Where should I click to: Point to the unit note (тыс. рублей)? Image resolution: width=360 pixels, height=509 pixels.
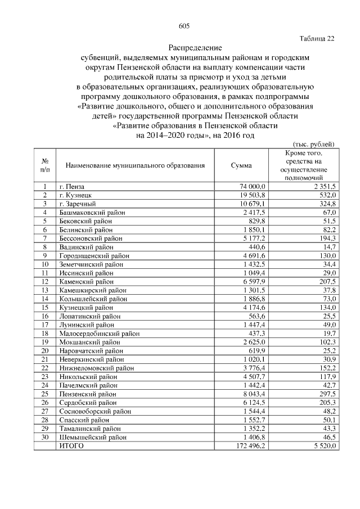pyautogui.click(x=314, y=144)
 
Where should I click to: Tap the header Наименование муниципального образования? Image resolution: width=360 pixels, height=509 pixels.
pyautogui.click(x=134, y=166)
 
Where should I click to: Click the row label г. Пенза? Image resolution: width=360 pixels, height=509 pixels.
pyautogui.click(x=71, y=186)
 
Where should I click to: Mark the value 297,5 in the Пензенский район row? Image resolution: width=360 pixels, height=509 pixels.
pyautogui.click(x=327, y=394)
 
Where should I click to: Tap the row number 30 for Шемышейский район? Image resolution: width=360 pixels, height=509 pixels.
pyautogui.click(x=45, y=437)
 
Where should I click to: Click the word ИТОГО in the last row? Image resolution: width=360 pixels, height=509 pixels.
pyautogui.click(x=71, y=446)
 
